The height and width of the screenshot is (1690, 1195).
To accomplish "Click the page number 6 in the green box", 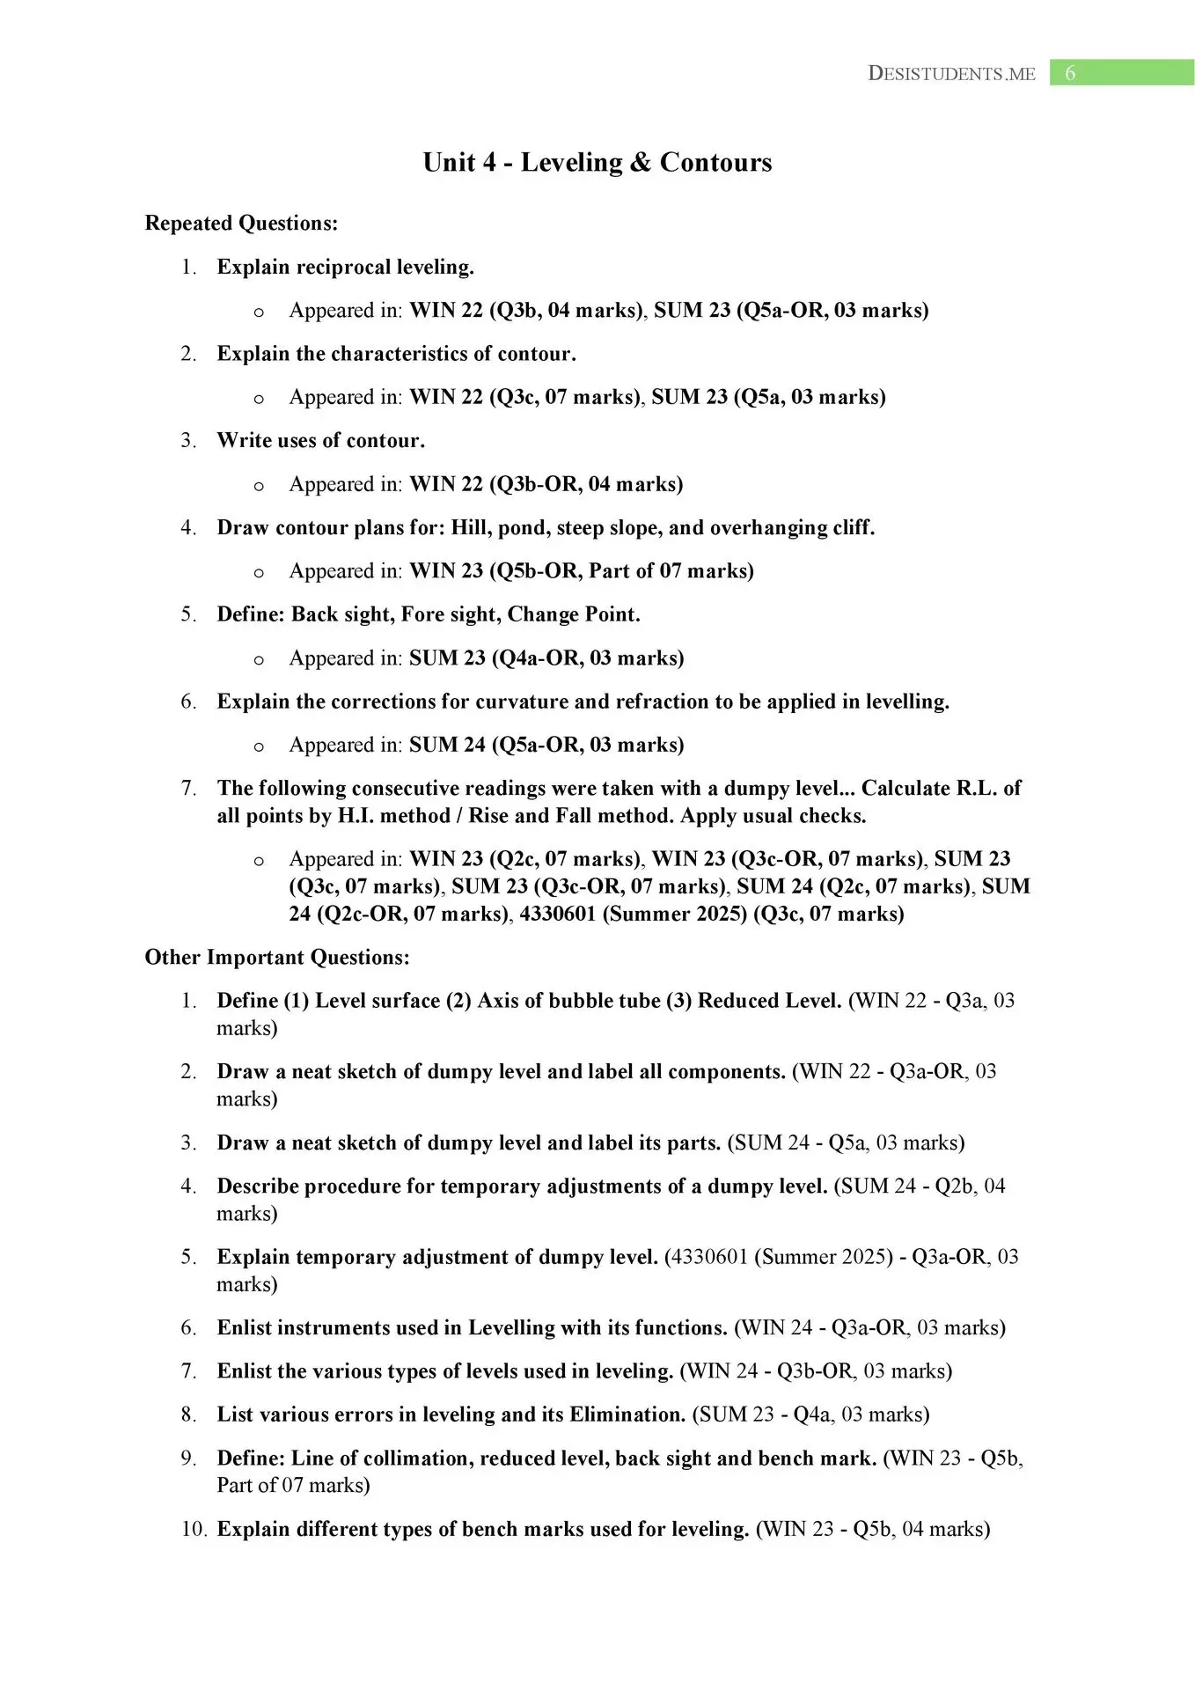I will click(1070, 73).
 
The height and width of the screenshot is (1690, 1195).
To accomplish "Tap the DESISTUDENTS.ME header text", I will click(951, 74).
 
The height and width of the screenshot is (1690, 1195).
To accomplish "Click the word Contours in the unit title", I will click(715, 162).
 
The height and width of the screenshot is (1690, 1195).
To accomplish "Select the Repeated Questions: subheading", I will click(241, 224).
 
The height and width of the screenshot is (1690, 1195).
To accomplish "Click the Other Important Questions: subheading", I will click(277, 957).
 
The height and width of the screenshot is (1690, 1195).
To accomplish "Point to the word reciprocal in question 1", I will click(344, 267).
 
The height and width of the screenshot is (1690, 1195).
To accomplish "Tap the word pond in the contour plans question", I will click(521, 528).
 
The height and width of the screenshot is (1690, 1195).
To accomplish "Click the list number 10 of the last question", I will click(194, 1530).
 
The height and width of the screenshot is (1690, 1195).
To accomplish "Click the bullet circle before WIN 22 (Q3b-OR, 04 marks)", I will click(259, 486).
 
